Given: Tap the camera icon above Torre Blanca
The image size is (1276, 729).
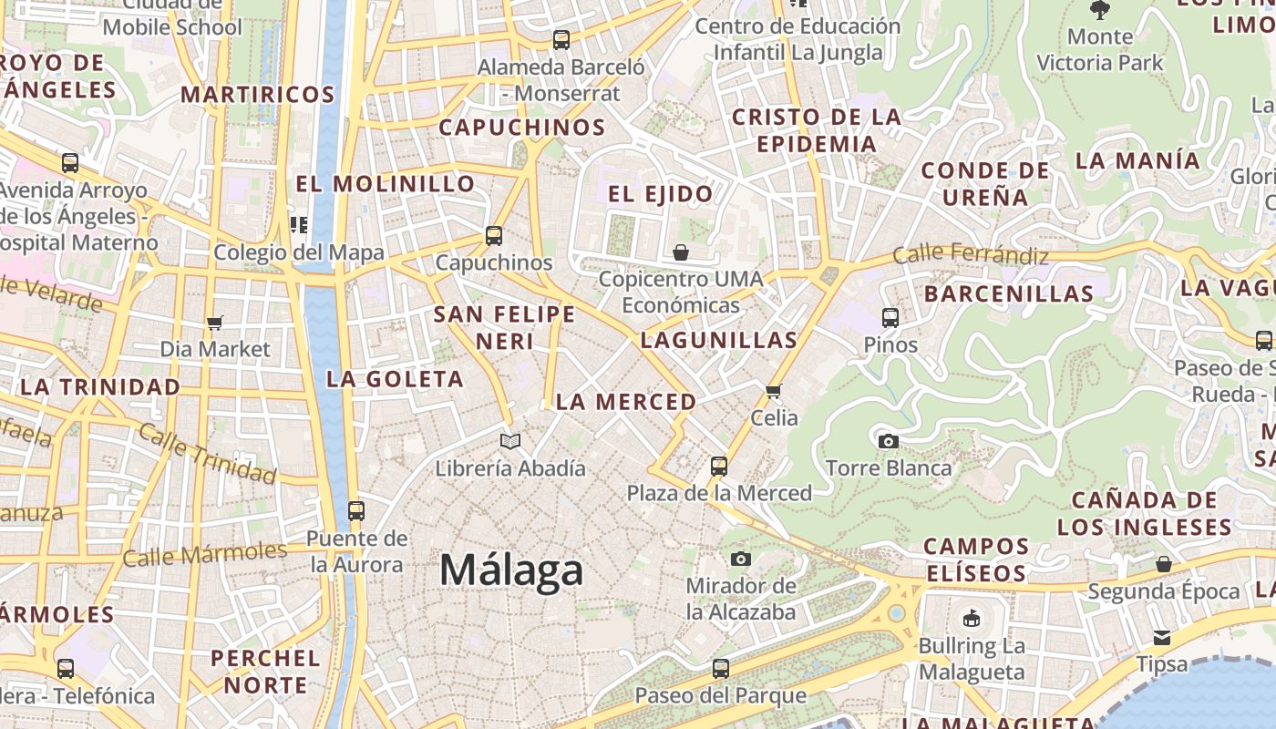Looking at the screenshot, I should tap(888, 442).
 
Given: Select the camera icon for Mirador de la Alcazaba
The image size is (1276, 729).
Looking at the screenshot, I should tap(741, 558).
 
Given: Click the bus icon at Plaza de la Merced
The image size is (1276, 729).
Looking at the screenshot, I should tap(718, 467).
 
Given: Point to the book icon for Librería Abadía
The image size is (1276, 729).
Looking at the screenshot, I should tap(510, 442).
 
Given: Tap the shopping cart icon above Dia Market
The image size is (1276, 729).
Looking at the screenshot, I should tap(215, 323).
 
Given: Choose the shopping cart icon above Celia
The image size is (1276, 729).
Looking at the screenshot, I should tap(774, 391).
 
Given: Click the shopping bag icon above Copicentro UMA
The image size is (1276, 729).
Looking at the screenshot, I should tap(680, 252).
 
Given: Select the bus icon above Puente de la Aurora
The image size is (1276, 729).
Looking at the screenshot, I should tap(356, 510).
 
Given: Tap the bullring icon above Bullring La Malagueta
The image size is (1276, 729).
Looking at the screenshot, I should tap(972, 618).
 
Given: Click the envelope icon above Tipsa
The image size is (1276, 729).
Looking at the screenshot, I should tap(1162, 637).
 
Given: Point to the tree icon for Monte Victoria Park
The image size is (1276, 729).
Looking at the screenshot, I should tap(1100, 10).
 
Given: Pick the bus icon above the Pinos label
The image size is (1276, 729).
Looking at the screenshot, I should tap(890, 318).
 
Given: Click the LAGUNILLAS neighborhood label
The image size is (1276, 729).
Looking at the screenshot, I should tap(718, 341).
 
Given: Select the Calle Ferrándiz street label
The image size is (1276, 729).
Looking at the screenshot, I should tap(971, 254).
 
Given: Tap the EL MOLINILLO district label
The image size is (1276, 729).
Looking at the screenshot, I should tap(386, 184).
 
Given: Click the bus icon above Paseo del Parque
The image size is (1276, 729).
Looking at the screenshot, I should tap(720, 669).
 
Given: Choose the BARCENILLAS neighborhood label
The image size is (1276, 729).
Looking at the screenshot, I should tap(1008, 293).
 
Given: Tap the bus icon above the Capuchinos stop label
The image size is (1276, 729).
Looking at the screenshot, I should tap(493, 236).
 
